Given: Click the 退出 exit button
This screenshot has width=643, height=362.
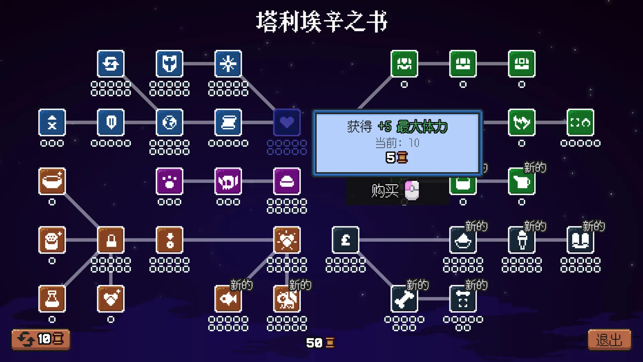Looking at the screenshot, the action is pyautogui.click(x=609, y=340).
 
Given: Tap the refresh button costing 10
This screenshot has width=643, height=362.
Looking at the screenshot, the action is pyautogui.click(x=41, y=339).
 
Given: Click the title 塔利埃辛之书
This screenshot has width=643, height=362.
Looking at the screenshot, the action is pyautogui.click(x=321, y=21).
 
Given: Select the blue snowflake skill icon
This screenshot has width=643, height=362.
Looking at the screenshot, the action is pyautogui.click(x=228, y=64).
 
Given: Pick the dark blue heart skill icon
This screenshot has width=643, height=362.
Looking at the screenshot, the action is pyautogui.click(x=287, y=122).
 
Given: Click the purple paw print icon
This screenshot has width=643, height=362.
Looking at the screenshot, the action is pyautogui.click(x=169, y=181).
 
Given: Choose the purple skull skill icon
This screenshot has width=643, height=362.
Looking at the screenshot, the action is pyautogui.click(x=228, y=181).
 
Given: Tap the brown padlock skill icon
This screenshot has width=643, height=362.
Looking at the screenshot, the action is pyautogui.click(x=111, y=240).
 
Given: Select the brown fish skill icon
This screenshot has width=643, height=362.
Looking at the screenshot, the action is pyautogui.click(x=228, y=299).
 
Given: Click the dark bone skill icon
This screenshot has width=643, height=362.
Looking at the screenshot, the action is pyautogui.click(x=404, y=299).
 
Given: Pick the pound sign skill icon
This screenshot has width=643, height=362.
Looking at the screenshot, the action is pyautogui.click(x=346, y=240).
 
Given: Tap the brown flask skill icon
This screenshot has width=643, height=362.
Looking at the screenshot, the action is pyautogui.click(x=52, y=299).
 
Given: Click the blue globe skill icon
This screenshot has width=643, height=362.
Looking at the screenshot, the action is pyautogui.click(x=169, y=122).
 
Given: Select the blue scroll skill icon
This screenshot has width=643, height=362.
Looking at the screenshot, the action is pyautogui.click(x=228, y=122).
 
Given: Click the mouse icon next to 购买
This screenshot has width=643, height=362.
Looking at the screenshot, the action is pyautogui.click(x=412, y=190).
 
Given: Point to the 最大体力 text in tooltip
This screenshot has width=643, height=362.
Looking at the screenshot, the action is pyautogui.click(x=422, y=127).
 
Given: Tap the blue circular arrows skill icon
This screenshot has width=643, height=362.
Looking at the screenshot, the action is pyautogui.click(x=111, y=64).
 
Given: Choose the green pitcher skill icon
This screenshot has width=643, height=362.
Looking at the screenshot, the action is pyautogui.click(x=522, y=181).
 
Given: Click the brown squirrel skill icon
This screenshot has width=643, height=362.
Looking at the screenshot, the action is pyautogui.click(x=287, y=299).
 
